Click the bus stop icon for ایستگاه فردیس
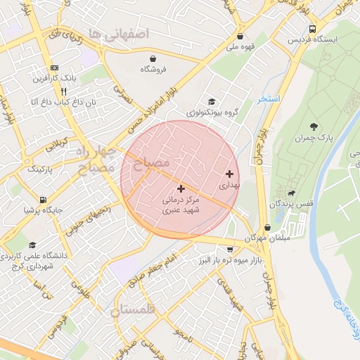312,29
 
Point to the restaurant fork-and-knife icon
63,91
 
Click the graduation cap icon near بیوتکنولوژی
211,101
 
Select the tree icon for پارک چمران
313,127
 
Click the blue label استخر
269,99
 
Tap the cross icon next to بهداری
230,174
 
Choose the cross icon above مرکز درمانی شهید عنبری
181,188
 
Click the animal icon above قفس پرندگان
290,193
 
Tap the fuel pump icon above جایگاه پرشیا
44,199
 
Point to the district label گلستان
136,309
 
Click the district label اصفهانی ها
125,33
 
